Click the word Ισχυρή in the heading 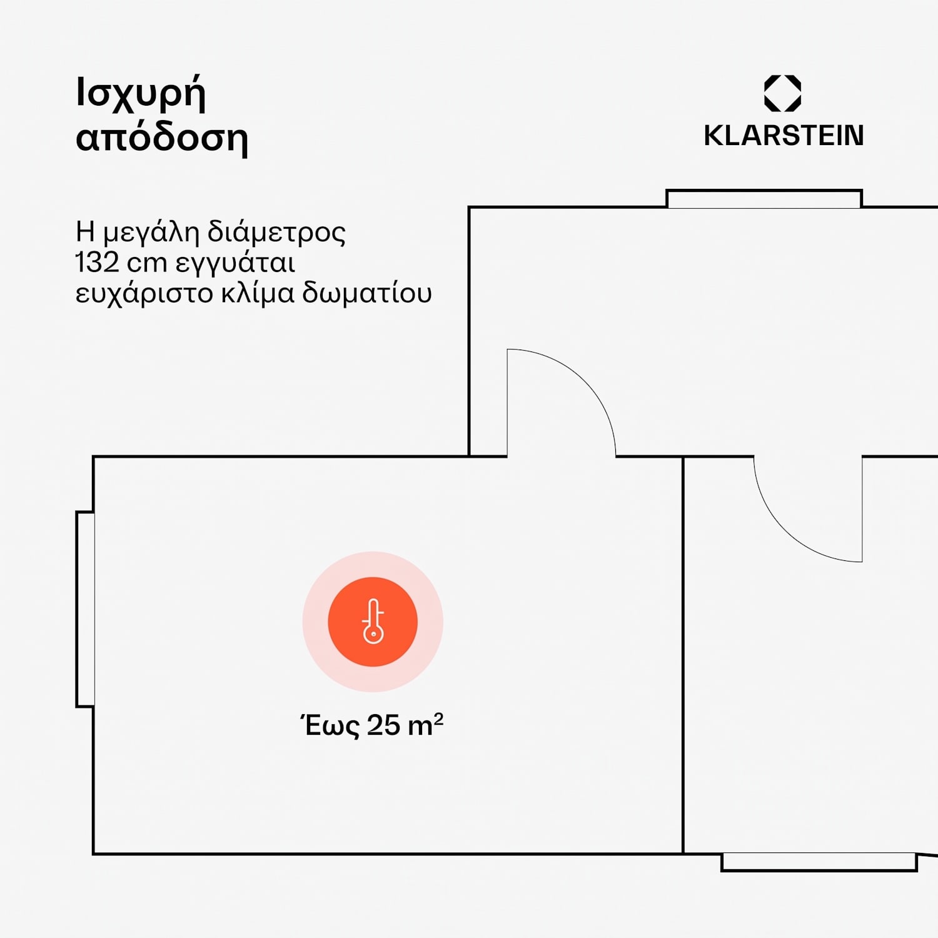[x=141, y=94]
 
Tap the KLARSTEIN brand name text [x=784, y=136]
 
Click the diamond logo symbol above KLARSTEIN [x=782, y=93]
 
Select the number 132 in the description [x=97, y=263]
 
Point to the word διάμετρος [x=276, y=232]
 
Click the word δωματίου [x=367, y=293]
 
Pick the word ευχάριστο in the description [x=144, y=294]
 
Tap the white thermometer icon [x=373, y=621]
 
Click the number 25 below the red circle [x=383, y=725]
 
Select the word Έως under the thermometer [x=330, y=725]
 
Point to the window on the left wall [x=86, y=610]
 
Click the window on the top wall [x=764, y=199]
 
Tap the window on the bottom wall [x=819, y=862]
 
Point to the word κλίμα [x=258, y=293]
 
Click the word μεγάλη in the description [x=151, y=233]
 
